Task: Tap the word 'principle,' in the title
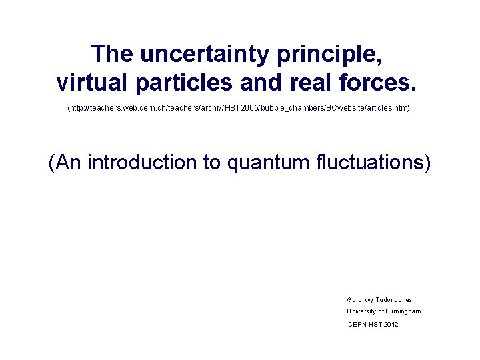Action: pos(321,54)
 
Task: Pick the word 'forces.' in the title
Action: pos(386,82)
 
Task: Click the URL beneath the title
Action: pos(239,107)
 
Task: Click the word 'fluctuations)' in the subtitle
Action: pos(376,162)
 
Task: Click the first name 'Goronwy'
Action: pos(361,300)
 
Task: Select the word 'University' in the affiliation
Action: pos(363,311)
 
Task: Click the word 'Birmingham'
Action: pos(403,311)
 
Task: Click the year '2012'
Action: pos(391,324)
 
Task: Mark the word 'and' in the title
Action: pos(265,82)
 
